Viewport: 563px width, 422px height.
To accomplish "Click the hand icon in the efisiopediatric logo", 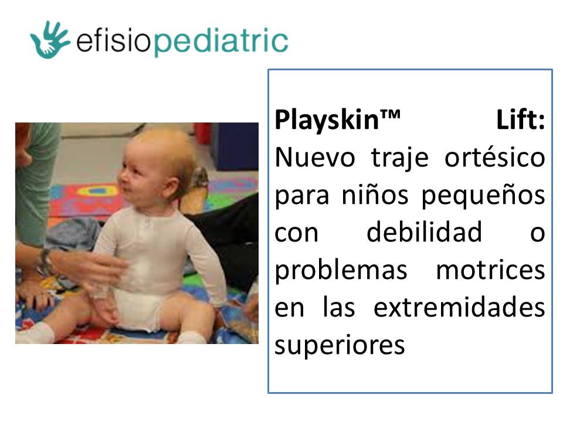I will coord(49,39).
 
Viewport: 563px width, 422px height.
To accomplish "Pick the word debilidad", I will coord(424,233).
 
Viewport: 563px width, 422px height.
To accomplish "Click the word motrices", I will coord(490,270).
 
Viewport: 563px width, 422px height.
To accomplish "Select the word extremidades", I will coord(459,308).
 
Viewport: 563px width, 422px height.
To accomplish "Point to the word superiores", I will coord(340,345).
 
